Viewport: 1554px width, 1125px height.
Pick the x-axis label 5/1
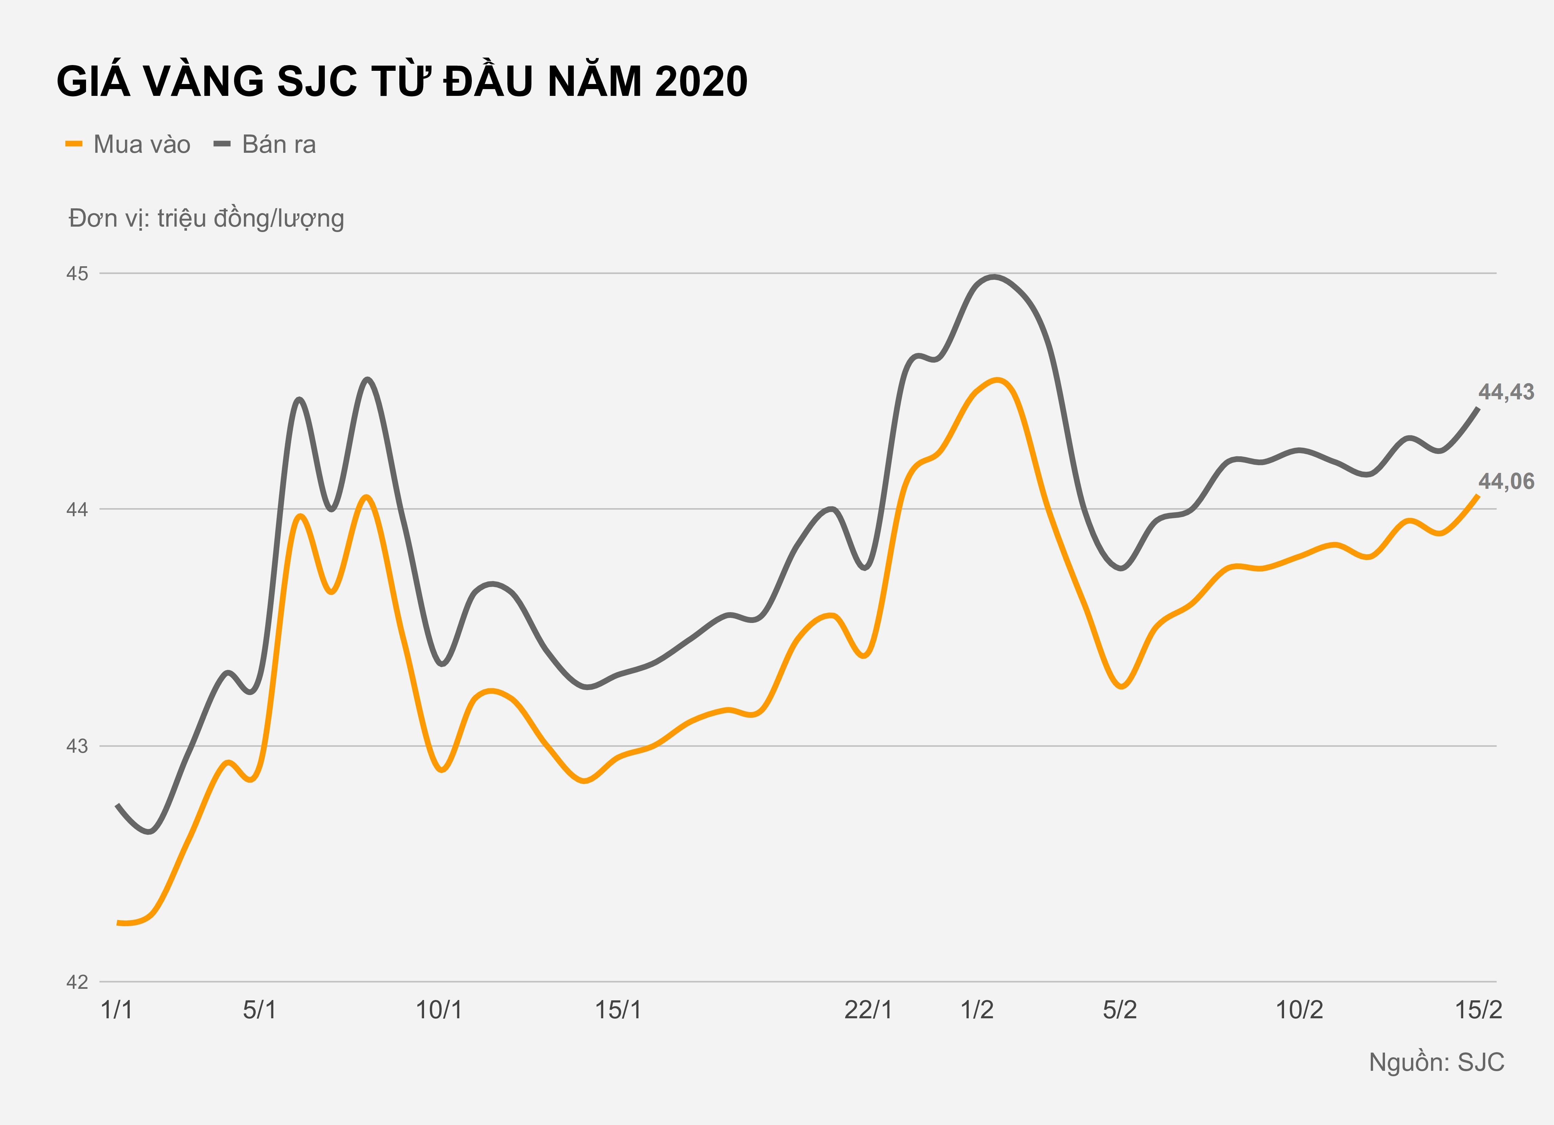click(x=260, y=1010)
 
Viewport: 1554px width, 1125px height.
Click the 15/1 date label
click(x=618, y=1010)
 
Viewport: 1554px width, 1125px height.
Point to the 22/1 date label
click(x=868, y=1010)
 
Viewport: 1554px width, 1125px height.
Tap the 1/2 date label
click(x=977, y=1010)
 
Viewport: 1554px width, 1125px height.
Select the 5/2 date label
click(x=1119, y=1010)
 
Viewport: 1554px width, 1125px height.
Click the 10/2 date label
click(x=1299, y=1010)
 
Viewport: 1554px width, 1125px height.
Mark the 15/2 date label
click(x=1478, y=1010)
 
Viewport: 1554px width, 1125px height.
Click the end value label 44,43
click(x=1506, y=392)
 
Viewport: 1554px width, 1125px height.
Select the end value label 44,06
click(x=1506, y=482)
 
